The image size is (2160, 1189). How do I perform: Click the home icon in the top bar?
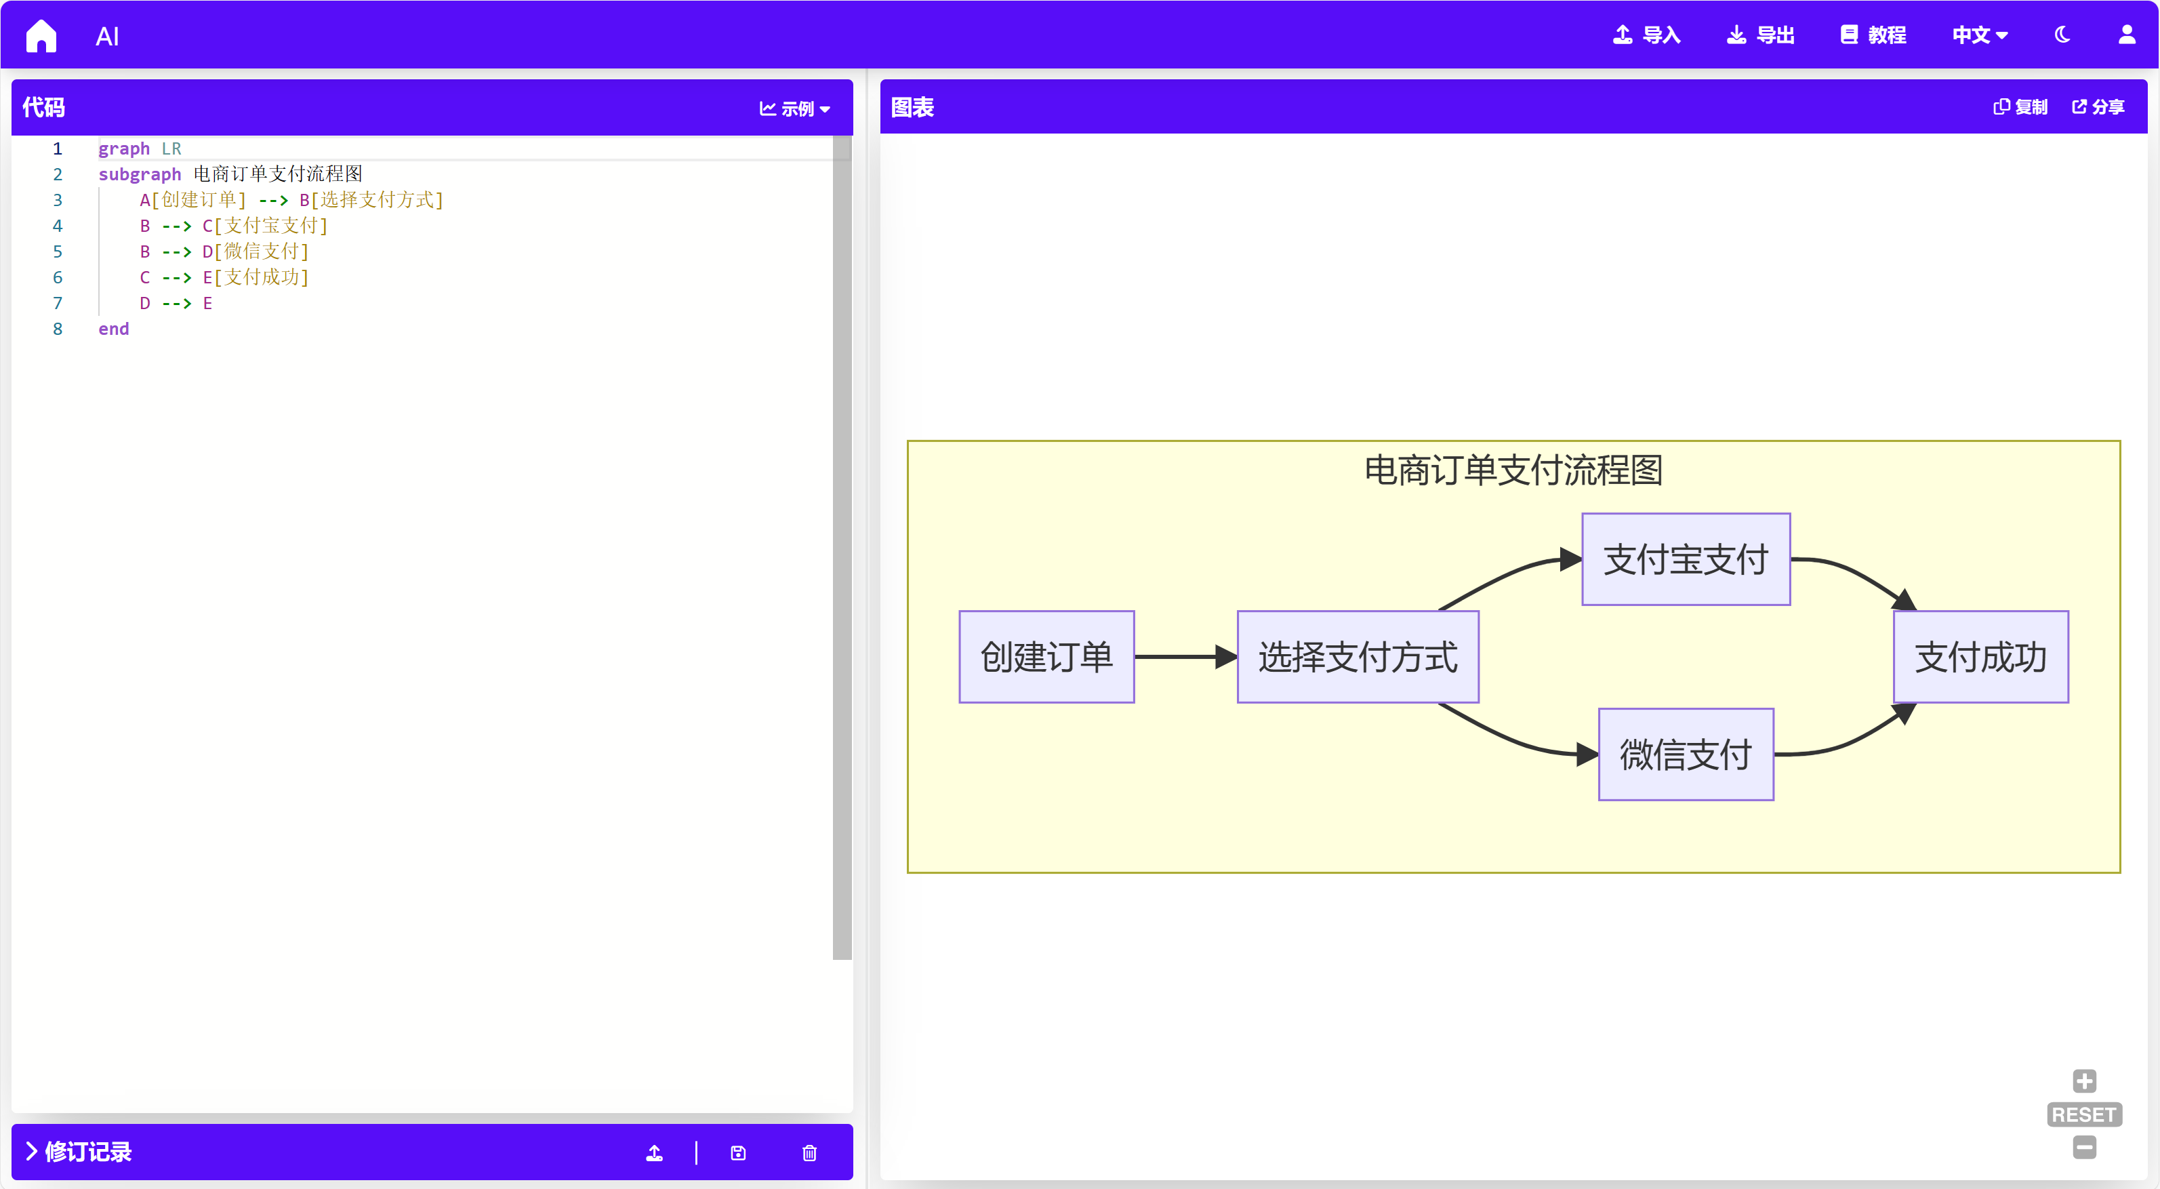[41, 35]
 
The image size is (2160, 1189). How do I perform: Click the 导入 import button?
[1647, 35]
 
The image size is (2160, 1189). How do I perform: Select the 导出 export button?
[1760, 35]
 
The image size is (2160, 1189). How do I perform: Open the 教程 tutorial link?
[1873, 35]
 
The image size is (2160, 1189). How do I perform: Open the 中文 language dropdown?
[1980, 35]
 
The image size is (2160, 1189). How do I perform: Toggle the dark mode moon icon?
[2062, 35]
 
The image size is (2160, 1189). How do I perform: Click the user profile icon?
[2127, 35]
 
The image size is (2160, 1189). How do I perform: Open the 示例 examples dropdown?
[795, 109]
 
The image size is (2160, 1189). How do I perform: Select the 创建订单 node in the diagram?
[1046, 657]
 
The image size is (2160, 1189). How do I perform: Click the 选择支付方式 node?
[1358, 657]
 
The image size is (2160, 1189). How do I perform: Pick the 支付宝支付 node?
[1686, 559]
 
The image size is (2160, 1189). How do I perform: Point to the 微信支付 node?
[1686, 754]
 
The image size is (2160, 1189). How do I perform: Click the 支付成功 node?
[1980, 657]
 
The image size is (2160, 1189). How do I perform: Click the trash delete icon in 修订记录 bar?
[809, 1153]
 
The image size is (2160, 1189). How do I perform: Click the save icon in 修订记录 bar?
[738, 1153]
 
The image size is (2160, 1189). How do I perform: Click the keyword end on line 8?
[113, 329]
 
